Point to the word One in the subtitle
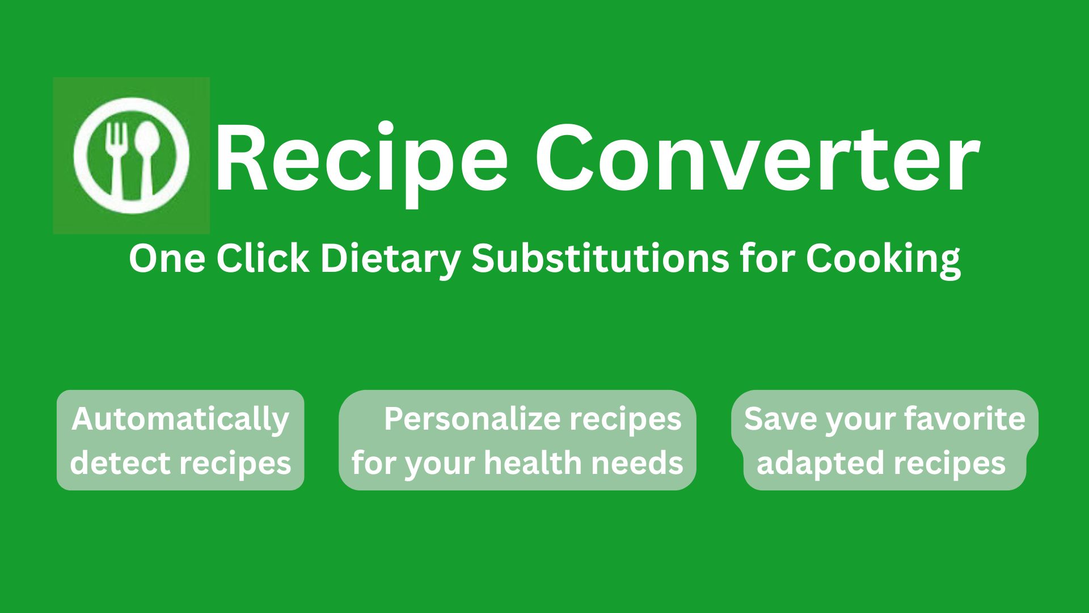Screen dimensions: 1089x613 click(167, 258)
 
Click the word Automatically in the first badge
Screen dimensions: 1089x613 click(180, 421)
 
